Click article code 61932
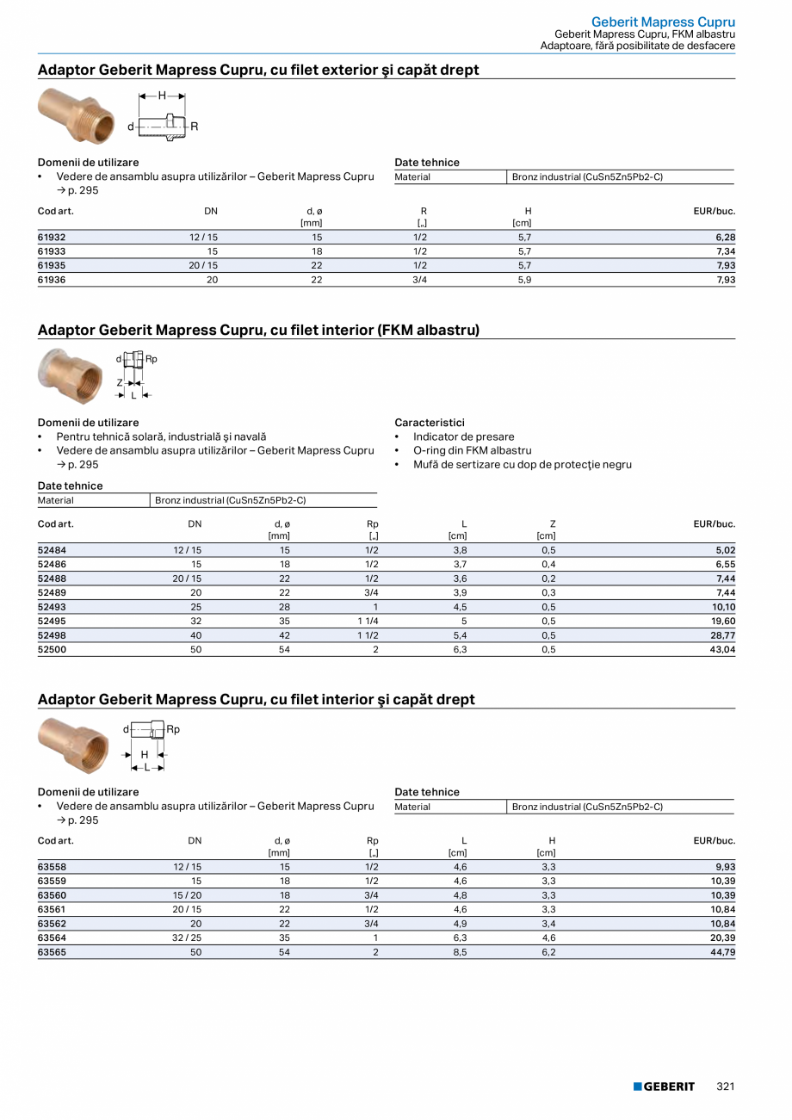coord(52,237)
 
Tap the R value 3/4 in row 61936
coord(420,280)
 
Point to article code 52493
coord(52,606)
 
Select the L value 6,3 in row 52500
coord(460,650)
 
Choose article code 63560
coord(52,895)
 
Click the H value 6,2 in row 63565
coord(548,952)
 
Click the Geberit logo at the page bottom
coord(664,1086)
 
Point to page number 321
coord(726,1086)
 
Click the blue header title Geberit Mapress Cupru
coord(663,22)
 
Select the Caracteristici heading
coord(430,423)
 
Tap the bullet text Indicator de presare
coord(463,436)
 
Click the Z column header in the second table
coord(553,523)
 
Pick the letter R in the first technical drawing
coord(195,127)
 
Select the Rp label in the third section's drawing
coord(173,729)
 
